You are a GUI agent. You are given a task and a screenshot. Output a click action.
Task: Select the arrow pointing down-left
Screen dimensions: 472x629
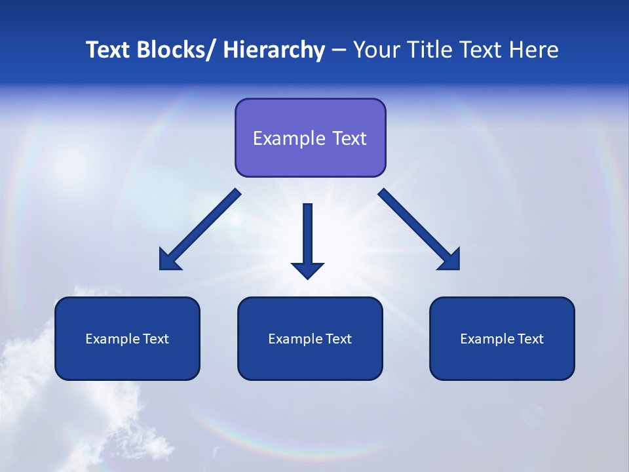pyautogui.click(x=200, y=229)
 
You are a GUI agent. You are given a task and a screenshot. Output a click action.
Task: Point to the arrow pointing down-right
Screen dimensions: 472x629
pyautogui.click(x=419, y=229)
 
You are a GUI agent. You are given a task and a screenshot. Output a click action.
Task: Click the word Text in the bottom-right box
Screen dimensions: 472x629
pyautogui.click(x=530, y=339)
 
